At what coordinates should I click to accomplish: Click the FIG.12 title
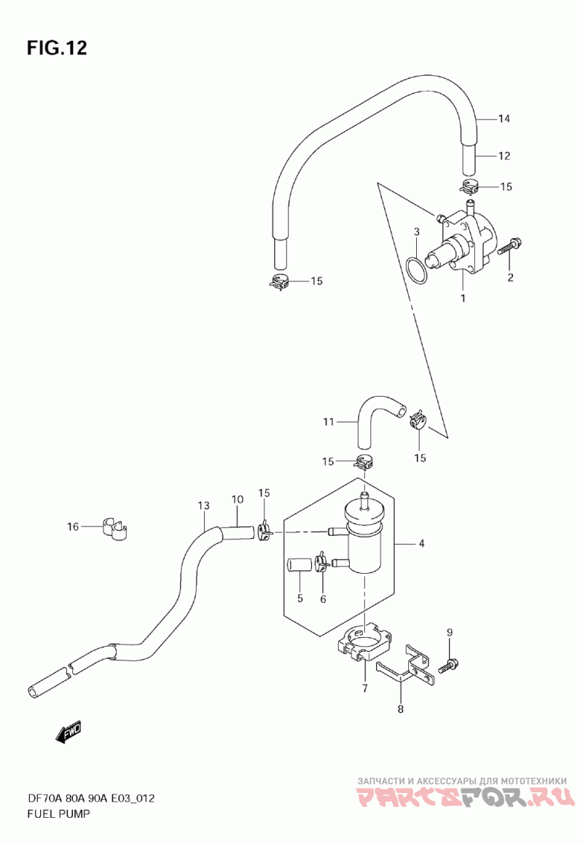tap(57, 48)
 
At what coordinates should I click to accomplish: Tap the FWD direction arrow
tap(69, 732)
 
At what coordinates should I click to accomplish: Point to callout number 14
tap(504, 119)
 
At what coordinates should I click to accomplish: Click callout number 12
tap(504, 156)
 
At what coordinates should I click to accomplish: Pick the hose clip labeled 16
tap(115, 529)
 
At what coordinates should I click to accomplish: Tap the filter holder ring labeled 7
tap(365, 642)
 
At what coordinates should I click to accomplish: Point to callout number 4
tap(421, 544)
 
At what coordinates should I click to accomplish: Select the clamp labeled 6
tap(322, 561)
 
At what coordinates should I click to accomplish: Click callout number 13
tap(203, 506)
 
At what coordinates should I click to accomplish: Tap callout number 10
tap(238, 499)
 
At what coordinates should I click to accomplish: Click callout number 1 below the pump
tap(462, 298)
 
